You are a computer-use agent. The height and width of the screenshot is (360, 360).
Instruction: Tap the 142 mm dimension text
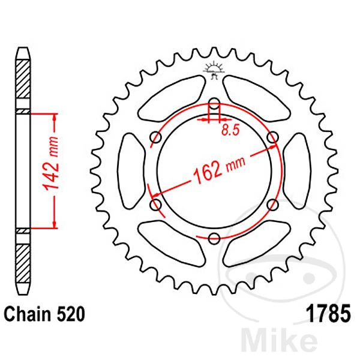click(x=51, y=163)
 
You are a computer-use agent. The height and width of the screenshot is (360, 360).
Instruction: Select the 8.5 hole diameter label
click(x=230, y=130)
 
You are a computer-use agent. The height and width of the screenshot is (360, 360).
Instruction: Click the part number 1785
click(x=329, y=314)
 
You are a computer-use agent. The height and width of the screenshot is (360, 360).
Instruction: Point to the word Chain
click(x=28, y=314)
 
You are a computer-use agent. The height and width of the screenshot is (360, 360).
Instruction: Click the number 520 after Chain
click(x=70, y=314)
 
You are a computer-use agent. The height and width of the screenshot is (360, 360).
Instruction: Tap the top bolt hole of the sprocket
click(x=214, y=104)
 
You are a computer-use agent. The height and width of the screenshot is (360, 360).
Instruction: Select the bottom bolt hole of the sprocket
click(x=214, y=239)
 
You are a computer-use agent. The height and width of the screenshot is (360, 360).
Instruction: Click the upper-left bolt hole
click(x=155, y=137)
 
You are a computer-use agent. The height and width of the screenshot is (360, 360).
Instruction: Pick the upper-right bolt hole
click(x=273, y=137)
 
